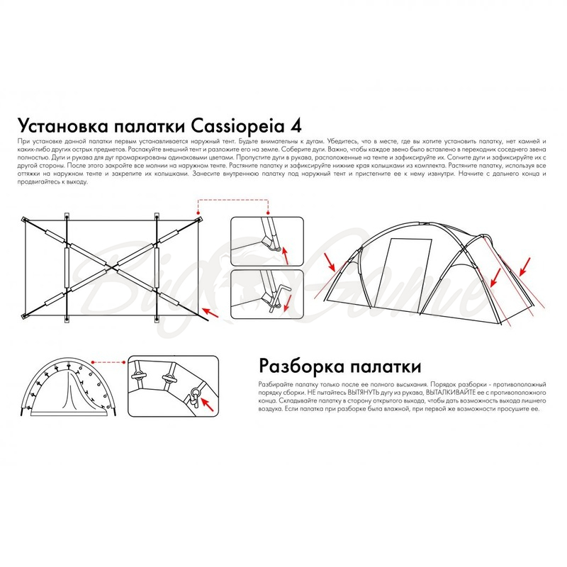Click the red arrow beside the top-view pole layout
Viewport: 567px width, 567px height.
210,313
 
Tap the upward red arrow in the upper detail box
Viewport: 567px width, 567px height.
286,255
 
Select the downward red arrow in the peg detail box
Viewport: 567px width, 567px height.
288,303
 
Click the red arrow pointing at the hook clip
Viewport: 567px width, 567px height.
207,404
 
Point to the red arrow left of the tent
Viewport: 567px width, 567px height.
330,262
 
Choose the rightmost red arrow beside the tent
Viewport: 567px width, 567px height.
525,266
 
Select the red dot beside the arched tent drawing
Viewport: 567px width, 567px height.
93,362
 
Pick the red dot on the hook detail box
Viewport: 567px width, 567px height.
124,362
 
